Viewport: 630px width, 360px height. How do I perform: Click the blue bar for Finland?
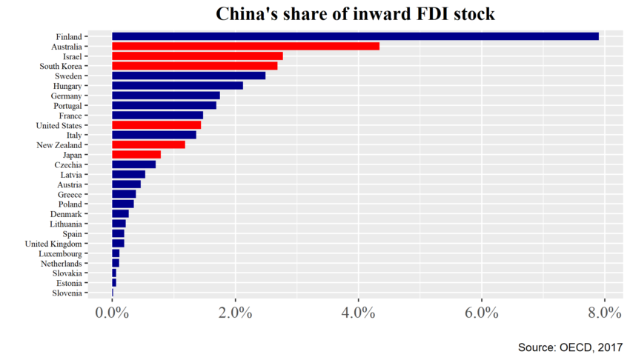355,36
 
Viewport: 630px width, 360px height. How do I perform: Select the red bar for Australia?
245,46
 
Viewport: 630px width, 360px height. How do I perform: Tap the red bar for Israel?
197,56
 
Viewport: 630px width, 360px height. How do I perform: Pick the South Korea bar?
194,66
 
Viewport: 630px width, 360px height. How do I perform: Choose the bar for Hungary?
177,86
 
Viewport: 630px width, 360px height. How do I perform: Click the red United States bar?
156,125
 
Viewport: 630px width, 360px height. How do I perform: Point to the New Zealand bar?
148,144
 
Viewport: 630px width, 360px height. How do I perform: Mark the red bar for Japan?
136,155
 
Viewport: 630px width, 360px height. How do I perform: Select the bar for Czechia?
133,164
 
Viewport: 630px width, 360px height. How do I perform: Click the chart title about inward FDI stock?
355,14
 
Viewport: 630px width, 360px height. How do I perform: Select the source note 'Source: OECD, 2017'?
569,347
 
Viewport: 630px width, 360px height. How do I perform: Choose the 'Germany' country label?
66,96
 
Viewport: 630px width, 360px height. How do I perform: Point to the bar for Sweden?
188,76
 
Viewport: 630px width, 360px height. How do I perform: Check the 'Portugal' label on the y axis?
66,105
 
